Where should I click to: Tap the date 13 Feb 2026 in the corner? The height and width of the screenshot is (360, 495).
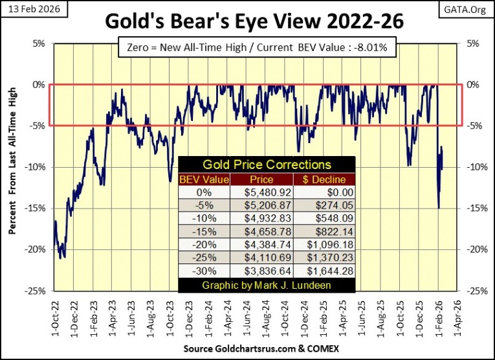pyautogui.click(x=28, y=7)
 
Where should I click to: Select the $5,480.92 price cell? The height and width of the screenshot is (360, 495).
pyautogui.click(x=256, y=192)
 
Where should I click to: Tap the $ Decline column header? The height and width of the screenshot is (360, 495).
pyautogui.click(x=322, y=179)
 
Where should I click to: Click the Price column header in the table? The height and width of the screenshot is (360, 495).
pyautogui.click(x=256, y=179)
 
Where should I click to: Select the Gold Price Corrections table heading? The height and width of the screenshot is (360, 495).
pyautogui.click(x=266, y=165)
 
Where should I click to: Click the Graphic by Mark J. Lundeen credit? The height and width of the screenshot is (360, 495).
pyautogui.click(x=266, y=284)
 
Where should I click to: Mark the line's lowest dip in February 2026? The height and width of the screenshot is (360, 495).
pyautogui.click(x=439, y=208)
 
